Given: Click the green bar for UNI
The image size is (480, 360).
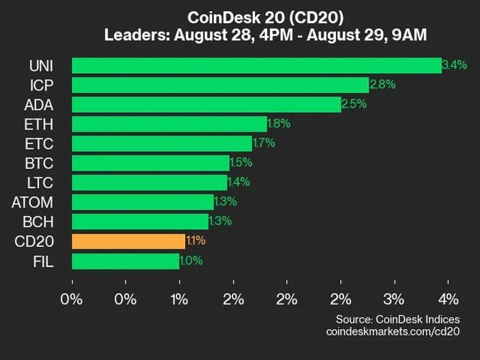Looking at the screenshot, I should (256, 66).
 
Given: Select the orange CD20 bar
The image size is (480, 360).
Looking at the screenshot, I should (128, 242).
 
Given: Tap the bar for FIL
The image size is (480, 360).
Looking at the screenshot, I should (125, 261).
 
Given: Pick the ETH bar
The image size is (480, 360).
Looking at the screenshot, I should (169, 124).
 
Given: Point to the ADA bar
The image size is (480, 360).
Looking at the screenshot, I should (206, 105).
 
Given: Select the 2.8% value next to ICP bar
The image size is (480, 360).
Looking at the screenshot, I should (382, 85).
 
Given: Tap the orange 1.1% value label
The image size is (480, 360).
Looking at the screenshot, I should (195, 242).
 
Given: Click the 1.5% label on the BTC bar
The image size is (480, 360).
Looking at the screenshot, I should (240, 163).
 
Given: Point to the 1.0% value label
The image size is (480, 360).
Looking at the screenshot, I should (191, 261).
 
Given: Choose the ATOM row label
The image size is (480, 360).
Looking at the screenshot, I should (32, 202).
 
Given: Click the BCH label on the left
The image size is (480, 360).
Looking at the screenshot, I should (39, 222).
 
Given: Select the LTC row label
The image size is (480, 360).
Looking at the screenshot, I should (40, 182).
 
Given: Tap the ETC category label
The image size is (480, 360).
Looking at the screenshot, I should (40, 144).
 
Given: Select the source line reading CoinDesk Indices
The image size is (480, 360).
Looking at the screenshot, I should (398, 320).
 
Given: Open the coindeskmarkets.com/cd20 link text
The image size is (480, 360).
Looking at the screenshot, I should (393, 332).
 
